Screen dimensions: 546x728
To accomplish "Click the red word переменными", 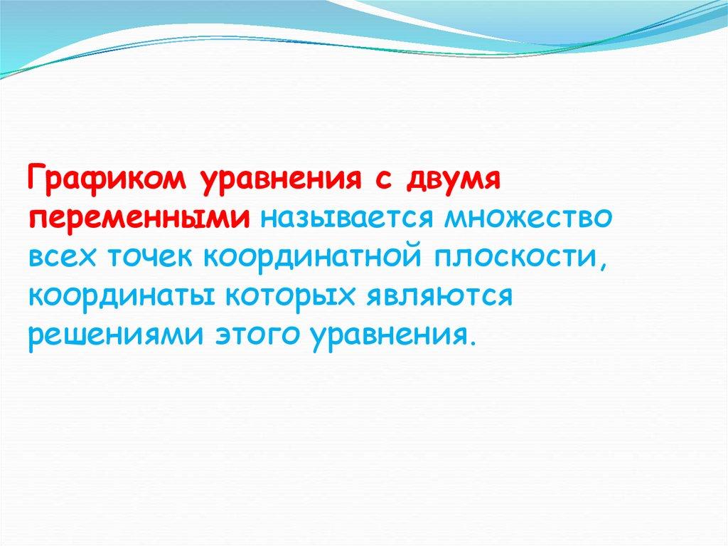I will [x=139, y=218].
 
